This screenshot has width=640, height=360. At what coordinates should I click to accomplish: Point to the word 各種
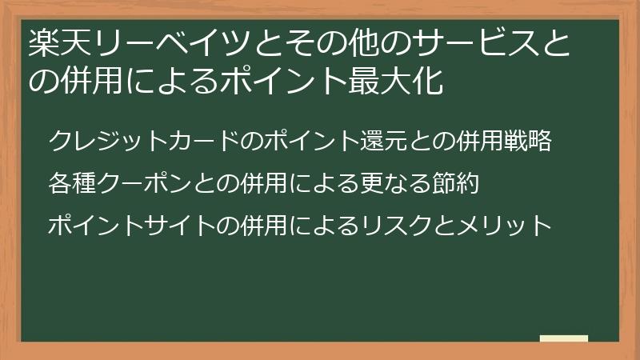pyautogui.click(x=71, y=184)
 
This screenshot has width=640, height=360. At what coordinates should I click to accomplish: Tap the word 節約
pyautogui.click(x=455, y=184)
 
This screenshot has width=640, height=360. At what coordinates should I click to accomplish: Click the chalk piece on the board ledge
pyautogui.click(x=564, y=338)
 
